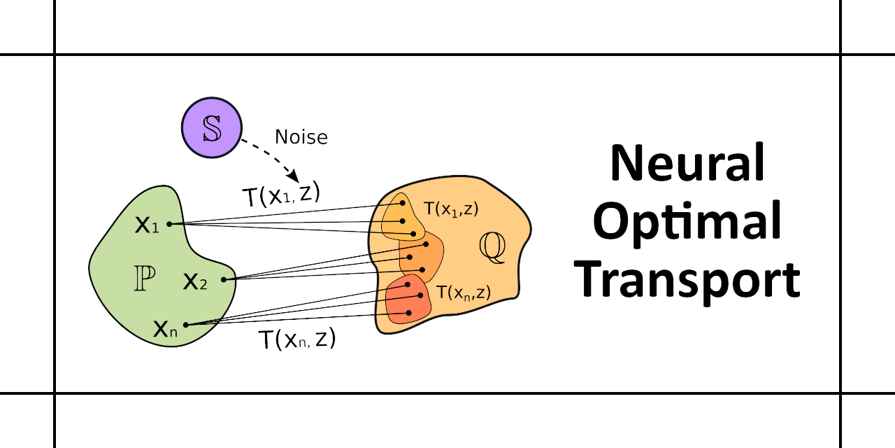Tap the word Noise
tap(301, 137)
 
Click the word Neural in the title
tap(687, 163)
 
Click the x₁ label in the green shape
tap(147, 225)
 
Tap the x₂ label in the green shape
tap(195, 281)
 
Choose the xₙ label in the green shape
tap(165, 328)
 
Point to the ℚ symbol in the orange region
tap(492, 248)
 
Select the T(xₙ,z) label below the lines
tap(297, 339)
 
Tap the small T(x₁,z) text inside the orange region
tap(451, 208)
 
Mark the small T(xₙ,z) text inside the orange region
tap(462, 292)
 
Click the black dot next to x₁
tap(170, 224)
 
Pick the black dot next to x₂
tap(224, 280)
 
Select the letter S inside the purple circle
tap(211, 129)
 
